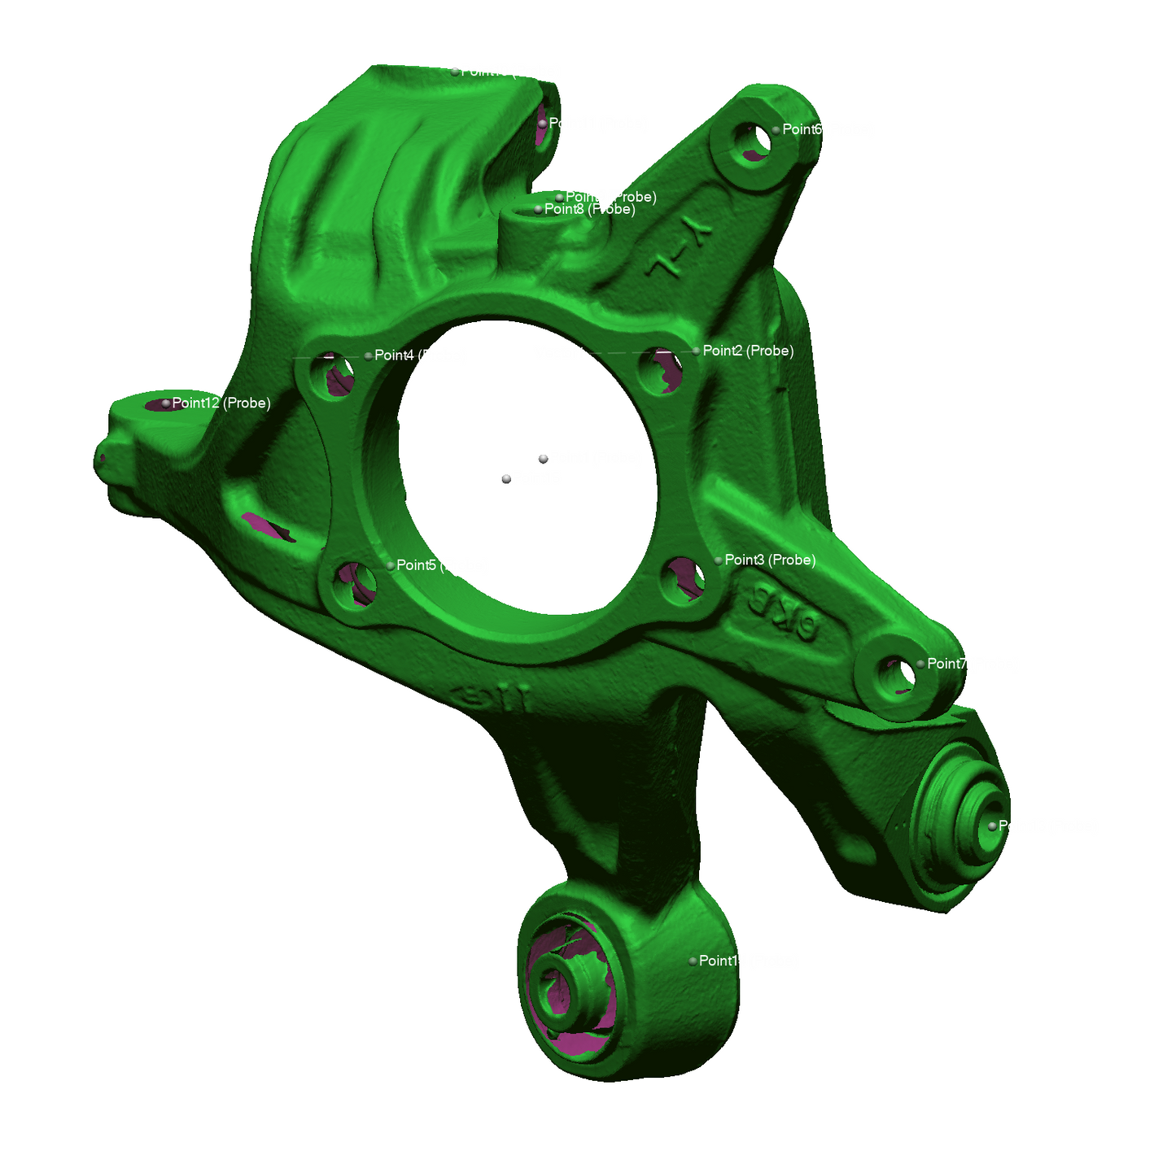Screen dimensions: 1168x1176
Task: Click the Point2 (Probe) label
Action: click(747, 351)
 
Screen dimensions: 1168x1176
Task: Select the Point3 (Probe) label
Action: click(769, 560)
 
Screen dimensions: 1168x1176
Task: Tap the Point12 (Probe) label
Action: click(221, 403)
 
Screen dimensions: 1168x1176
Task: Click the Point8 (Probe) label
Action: click(589, 209)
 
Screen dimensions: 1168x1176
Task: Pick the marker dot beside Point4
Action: click(369, 355)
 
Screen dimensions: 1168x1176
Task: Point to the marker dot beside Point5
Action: click(391, 565)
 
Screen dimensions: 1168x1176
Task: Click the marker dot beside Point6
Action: click(776, 129)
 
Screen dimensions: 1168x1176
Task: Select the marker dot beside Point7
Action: click(920, 664)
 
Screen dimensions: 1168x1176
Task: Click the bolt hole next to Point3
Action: click(684, 579)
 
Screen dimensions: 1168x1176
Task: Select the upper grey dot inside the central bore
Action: click(543, 460)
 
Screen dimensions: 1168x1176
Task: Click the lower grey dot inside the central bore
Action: click(506, 479)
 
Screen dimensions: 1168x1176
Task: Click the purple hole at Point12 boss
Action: click(159, 404)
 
